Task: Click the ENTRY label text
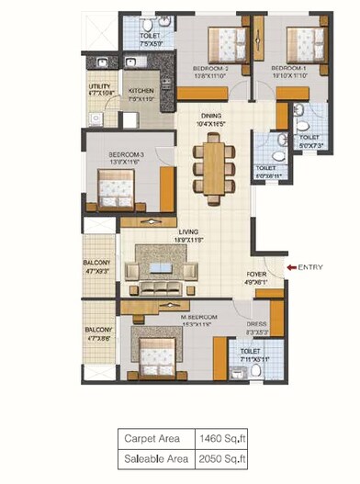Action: [x=310, y=267]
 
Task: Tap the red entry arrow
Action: [x=290, y=267]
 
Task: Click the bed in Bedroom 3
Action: [x=115, y=189]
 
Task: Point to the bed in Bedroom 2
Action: [x=226, y=43]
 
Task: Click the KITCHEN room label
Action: [x=141, y=91]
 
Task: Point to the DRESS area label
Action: [x=256, y=324]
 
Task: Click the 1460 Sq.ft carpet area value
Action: [x=223, y=438]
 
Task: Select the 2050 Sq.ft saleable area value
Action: [x=223, y=458]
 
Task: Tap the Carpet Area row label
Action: [x=157, y=438]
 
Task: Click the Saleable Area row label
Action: [x=157, y=458]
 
